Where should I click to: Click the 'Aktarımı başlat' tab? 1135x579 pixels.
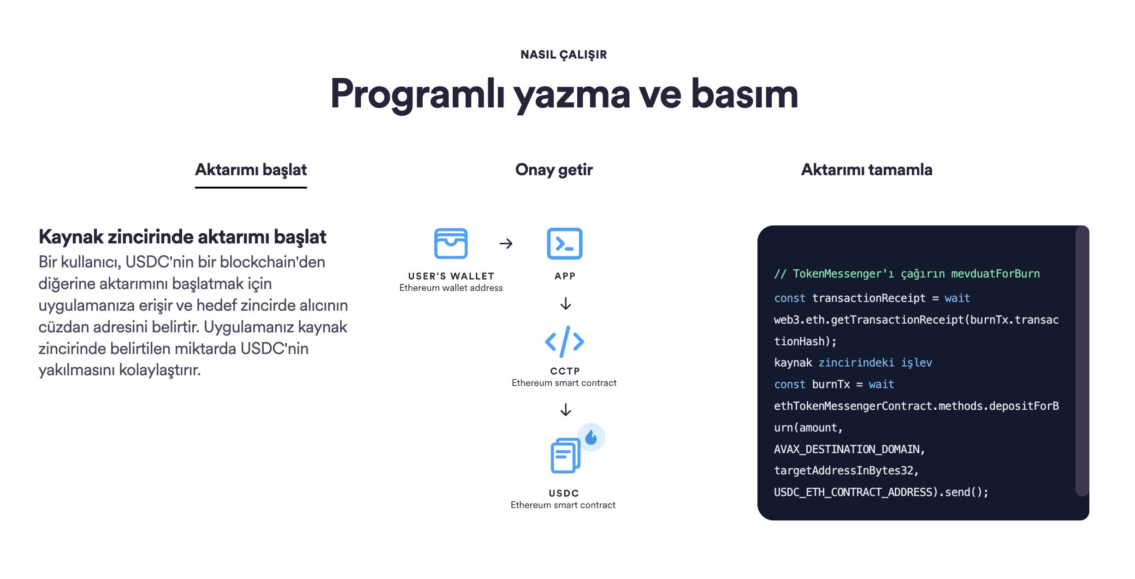251,170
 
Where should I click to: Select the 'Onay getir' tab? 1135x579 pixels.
554,170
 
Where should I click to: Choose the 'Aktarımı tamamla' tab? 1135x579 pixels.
867,170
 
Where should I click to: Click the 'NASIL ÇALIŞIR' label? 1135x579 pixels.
563,54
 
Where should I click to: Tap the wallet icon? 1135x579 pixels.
451,243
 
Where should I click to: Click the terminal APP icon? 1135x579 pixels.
565,243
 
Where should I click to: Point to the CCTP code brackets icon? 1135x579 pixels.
565,342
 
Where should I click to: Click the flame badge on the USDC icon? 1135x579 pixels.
591,437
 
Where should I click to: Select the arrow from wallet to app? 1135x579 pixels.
506,243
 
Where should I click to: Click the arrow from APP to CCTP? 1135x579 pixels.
566,304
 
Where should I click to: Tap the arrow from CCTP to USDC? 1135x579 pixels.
566,409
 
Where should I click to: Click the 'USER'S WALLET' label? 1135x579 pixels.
451,276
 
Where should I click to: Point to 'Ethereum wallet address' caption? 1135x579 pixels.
451,288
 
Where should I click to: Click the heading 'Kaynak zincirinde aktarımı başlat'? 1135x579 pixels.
183,237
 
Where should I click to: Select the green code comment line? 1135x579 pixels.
907,274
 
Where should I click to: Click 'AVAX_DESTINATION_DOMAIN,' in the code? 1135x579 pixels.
850,449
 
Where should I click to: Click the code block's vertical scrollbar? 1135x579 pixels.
1082,361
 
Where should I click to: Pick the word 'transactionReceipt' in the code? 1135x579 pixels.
869,298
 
